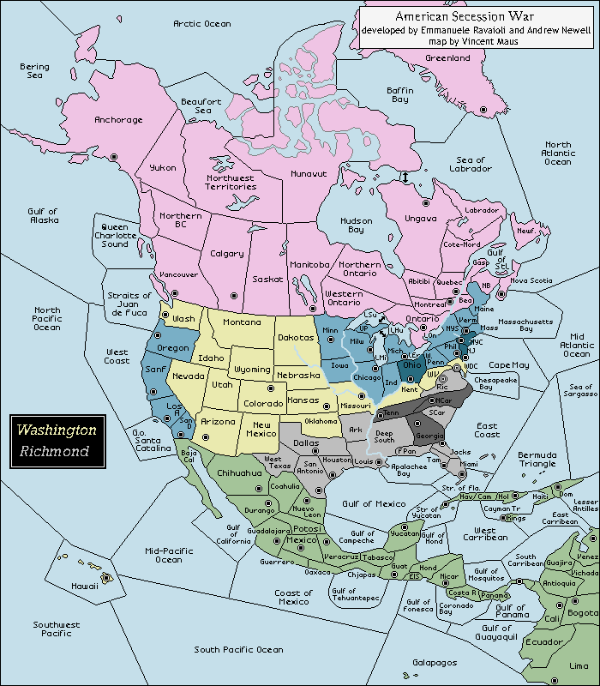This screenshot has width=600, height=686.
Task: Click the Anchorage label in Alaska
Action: pos(118,120)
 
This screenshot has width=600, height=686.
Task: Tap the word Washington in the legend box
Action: pos(57,430)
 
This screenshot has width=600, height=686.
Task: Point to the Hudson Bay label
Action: pos(357,226)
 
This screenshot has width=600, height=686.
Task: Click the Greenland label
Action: pos(448,58)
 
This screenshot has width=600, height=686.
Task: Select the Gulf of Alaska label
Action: pos(42,215)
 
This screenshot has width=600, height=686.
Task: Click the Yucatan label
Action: pos(405,533)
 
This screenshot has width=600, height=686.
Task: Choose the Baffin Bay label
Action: pos(399,95)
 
